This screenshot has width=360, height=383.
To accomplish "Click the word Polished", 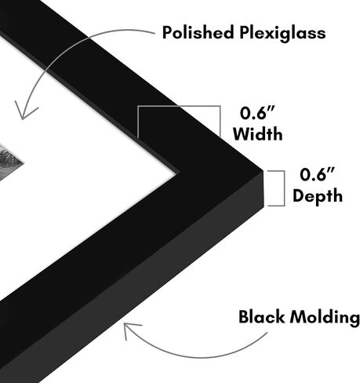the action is [198, 32].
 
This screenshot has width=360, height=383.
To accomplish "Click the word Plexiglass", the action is [282, 34].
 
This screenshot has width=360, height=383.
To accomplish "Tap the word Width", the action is [258, 134].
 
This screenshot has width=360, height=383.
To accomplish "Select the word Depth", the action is [318, 195].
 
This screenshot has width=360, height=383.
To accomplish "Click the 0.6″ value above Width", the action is [257, 113].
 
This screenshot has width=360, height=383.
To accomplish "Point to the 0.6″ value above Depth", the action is [317, 175].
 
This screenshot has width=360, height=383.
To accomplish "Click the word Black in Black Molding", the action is [261, 317].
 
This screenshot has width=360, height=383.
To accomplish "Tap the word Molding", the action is [325, 319].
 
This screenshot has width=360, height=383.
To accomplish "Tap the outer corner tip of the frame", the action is [264, 171].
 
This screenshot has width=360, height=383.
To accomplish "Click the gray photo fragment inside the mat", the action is [9, 162].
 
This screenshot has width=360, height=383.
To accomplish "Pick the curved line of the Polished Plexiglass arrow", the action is [65, 49].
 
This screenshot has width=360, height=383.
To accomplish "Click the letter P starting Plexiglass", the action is [245, 33].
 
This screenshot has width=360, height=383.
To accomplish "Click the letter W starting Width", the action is [242, 134].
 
